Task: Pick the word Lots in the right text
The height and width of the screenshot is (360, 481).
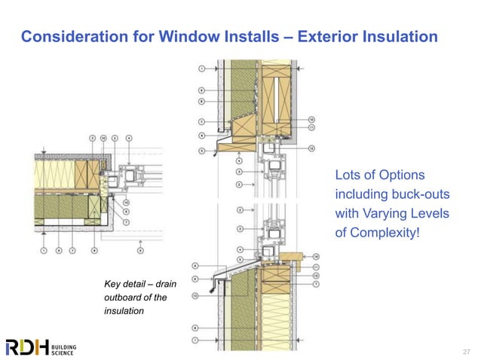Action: [349, 175]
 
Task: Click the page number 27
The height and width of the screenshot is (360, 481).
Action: [465, 350]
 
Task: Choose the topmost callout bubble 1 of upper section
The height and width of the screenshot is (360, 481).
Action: [202, 69]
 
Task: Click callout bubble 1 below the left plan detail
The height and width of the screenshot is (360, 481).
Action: [44, 249]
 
